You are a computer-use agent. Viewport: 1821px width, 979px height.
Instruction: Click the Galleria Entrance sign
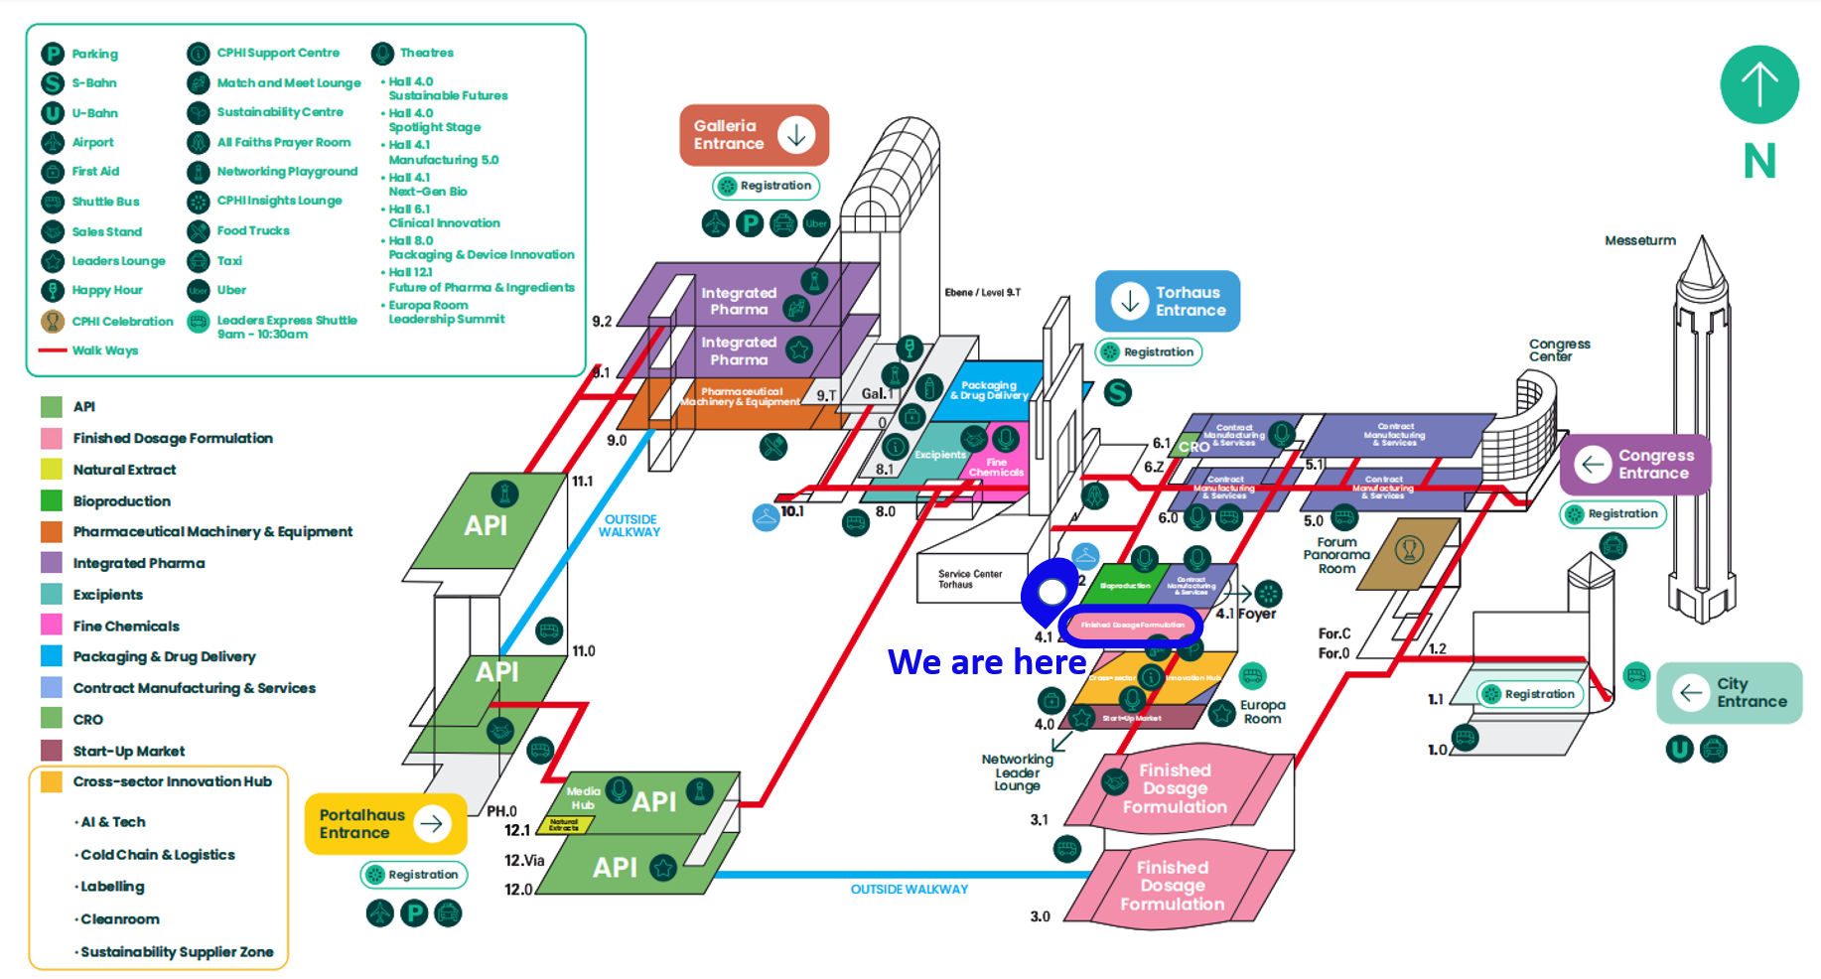click(754, 135)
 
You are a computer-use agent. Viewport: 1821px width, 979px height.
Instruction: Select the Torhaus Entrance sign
click(1168, 301)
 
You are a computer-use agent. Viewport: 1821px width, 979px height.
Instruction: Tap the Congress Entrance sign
click(1635, 464)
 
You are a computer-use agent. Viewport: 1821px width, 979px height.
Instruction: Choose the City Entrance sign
click(1729, 692)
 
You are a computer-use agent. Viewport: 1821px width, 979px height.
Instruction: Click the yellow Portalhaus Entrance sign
click(385, 823)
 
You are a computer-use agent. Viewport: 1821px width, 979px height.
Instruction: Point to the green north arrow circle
click(1758, 85)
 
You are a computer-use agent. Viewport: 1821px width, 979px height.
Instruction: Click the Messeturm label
click(1639, 240)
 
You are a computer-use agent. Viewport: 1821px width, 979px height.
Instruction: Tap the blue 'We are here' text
click(986, 661)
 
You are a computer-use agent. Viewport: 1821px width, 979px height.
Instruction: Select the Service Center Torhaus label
click(969, 579)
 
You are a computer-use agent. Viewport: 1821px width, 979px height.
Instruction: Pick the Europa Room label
click(1262, 712)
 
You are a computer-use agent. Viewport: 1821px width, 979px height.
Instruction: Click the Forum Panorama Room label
click(1336, 555)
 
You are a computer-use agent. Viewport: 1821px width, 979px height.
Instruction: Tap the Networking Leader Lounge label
click(1017, 772)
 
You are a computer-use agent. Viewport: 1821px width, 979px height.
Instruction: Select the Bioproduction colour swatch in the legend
click(52, 500)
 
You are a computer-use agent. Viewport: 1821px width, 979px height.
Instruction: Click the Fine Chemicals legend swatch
click(52, 626)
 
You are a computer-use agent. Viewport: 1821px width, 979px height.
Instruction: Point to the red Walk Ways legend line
click(52, 350)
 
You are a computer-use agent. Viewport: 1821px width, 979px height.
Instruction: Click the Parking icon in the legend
click(53, 54)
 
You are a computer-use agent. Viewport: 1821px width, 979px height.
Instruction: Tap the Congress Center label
click(1559, 350)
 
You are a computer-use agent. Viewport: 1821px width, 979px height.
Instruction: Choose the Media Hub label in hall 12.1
click(583, 797)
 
